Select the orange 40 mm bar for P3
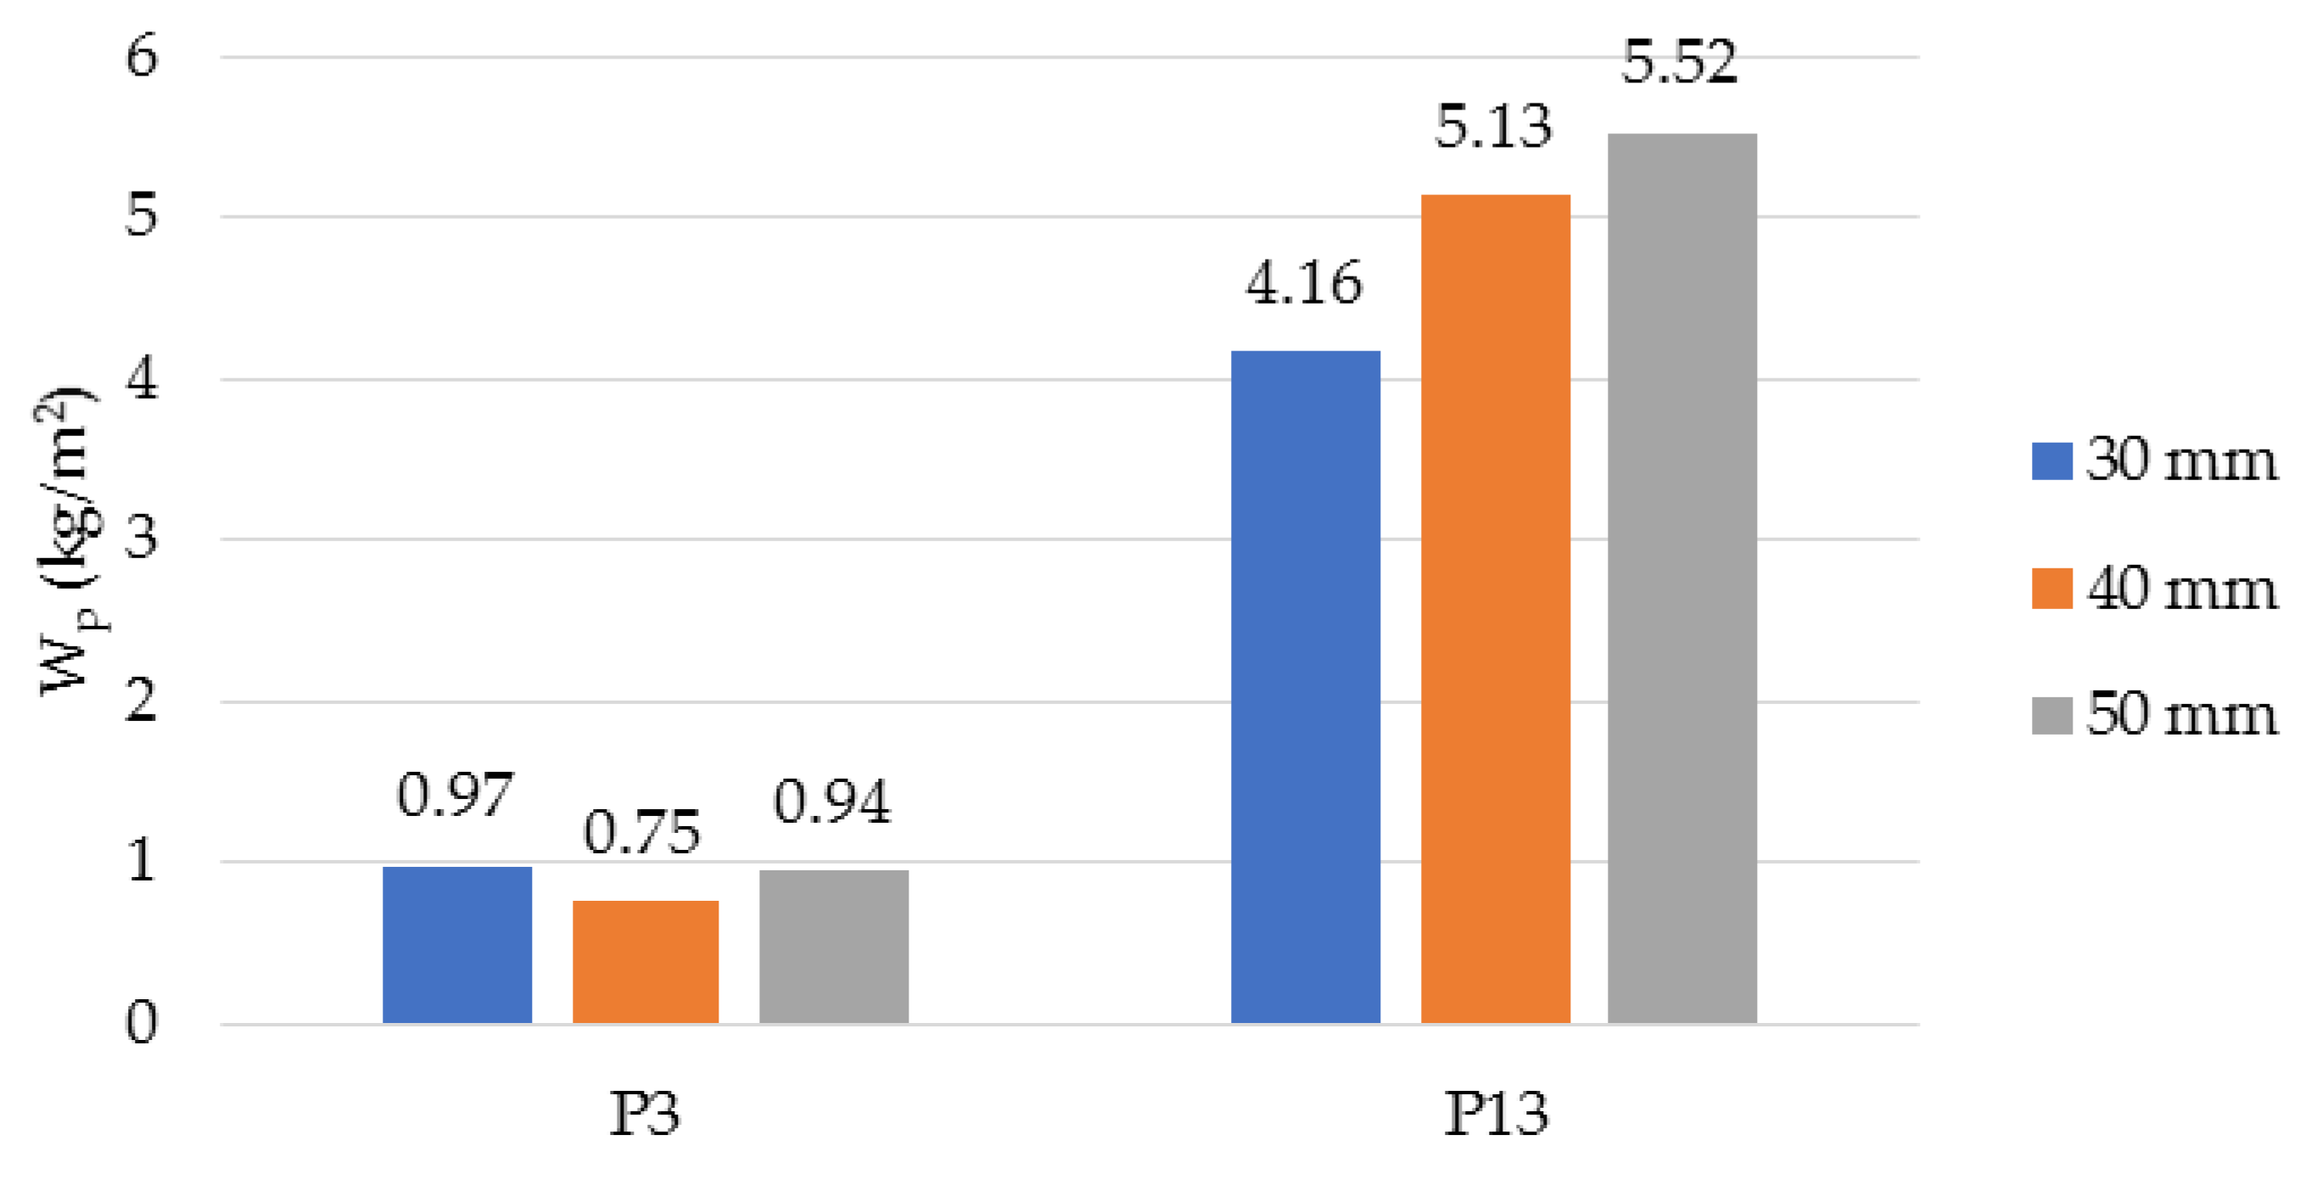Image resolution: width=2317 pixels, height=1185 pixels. click(646, 961)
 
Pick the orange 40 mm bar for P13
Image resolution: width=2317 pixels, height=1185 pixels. click(1495, 609)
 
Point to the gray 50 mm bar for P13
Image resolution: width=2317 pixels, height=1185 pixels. click(1682, 579)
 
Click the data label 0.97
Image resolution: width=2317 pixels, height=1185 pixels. click(455, 795)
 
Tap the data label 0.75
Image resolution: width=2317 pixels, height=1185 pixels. click(641, 831)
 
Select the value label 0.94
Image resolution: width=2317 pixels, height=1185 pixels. click(832, 801)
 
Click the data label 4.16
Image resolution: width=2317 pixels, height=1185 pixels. click(1304, 284)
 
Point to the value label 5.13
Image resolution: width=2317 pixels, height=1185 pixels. click(1493, 126)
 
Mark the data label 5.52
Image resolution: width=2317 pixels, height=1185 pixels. click(1679, 63)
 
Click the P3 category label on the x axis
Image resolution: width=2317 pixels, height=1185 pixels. click(645, 1114)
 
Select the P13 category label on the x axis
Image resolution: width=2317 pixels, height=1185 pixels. click(1496, 1114)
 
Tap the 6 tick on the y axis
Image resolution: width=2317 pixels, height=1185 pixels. click(141, 57)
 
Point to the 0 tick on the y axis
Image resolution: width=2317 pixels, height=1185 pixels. click(141, 1023)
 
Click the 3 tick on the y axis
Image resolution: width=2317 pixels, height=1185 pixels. click(141, 539)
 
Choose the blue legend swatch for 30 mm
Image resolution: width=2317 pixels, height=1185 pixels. click(2051, 461)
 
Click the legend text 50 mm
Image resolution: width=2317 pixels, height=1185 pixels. click(2181, 715)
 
